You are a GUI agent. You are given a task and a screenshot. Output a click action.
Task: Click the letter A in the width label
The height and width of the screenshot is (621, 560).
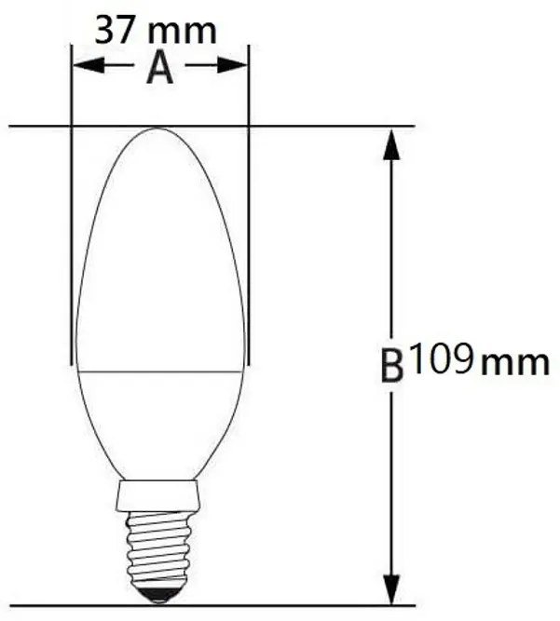tap(160, 68)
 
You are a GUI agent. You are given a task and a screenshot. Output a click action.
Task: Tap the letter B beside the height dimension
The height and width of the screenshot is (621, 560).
tap(392, 365)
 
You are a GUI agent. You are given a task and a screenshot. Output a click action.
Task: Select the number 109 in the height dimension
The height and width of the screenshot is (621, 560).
tap(441, 359)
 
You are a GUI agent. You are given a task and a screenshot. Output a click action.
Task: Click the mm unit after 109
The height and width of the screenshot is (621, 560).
tap(514, 361)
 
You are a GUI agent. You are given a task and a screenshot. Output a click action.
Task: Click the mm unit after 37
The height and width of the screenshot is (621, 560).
tap(182, 30)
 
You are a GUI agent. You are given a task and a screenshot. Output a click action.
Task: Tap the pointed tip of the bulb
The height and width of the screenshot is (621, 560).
tap(159, 130)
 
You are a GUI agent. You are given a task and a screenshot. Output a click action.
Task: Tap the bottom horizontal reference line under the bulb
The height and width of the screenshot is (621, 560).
tap(280, 605)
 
